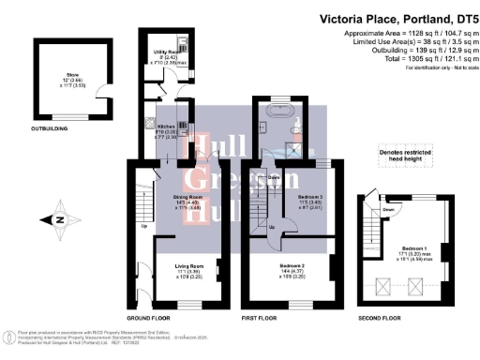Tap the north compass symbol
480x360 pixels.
coord(52,220)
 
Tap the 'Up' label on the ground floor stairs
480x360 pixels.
coord(144,227)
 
